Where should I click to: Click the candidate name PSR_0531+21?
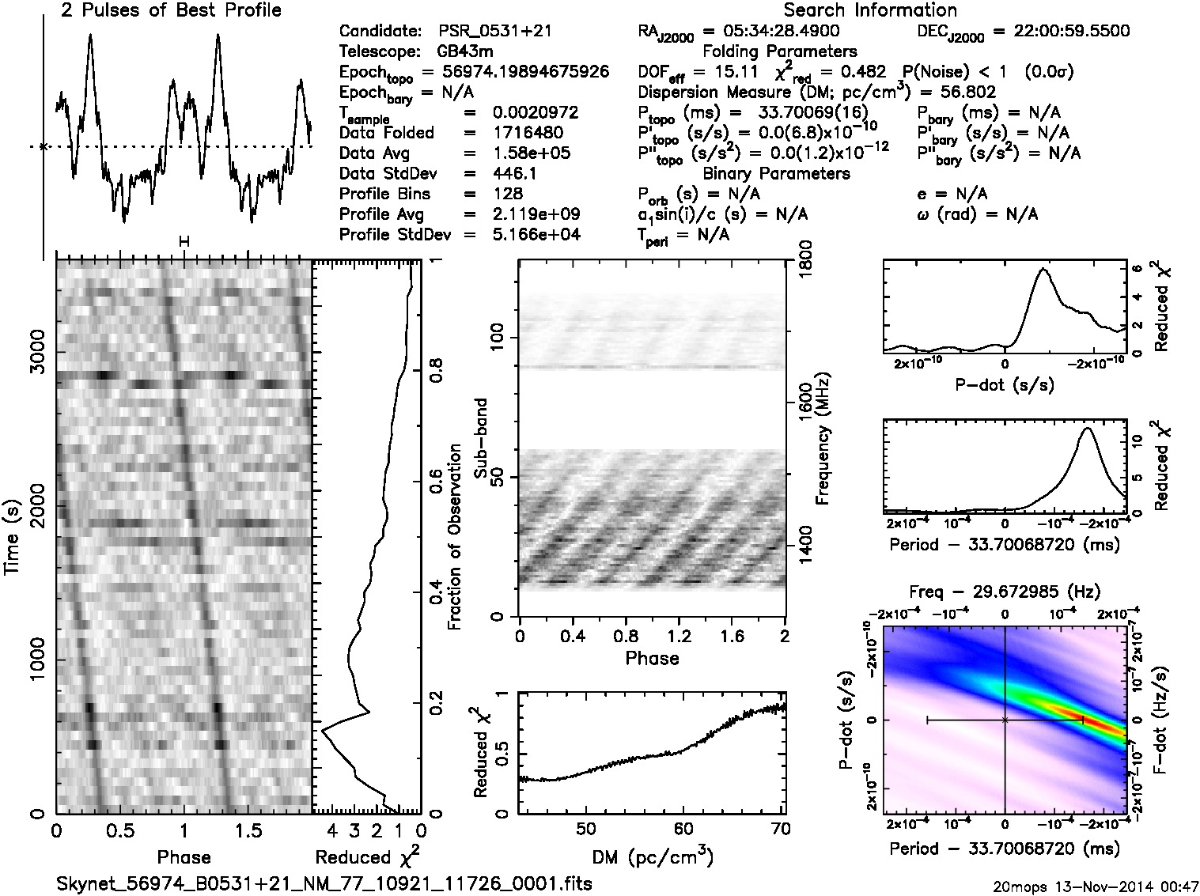point(495,32)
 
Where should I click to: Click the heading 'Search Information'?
point(870,10)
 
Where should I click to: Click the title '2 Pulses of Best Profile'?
point(171,10)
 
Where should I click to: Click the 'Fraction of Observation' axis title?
point(455,537)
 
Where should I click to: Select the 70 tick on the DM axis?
point(779,829)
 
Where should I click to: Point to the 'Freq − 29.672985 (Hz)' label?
point(1005,592)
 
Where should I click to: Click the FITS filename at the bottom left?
point(324,883)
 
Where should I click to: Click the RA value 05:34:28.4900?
point(772,32)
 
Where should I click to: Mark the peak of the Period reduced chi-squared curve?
point(1088,429)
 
